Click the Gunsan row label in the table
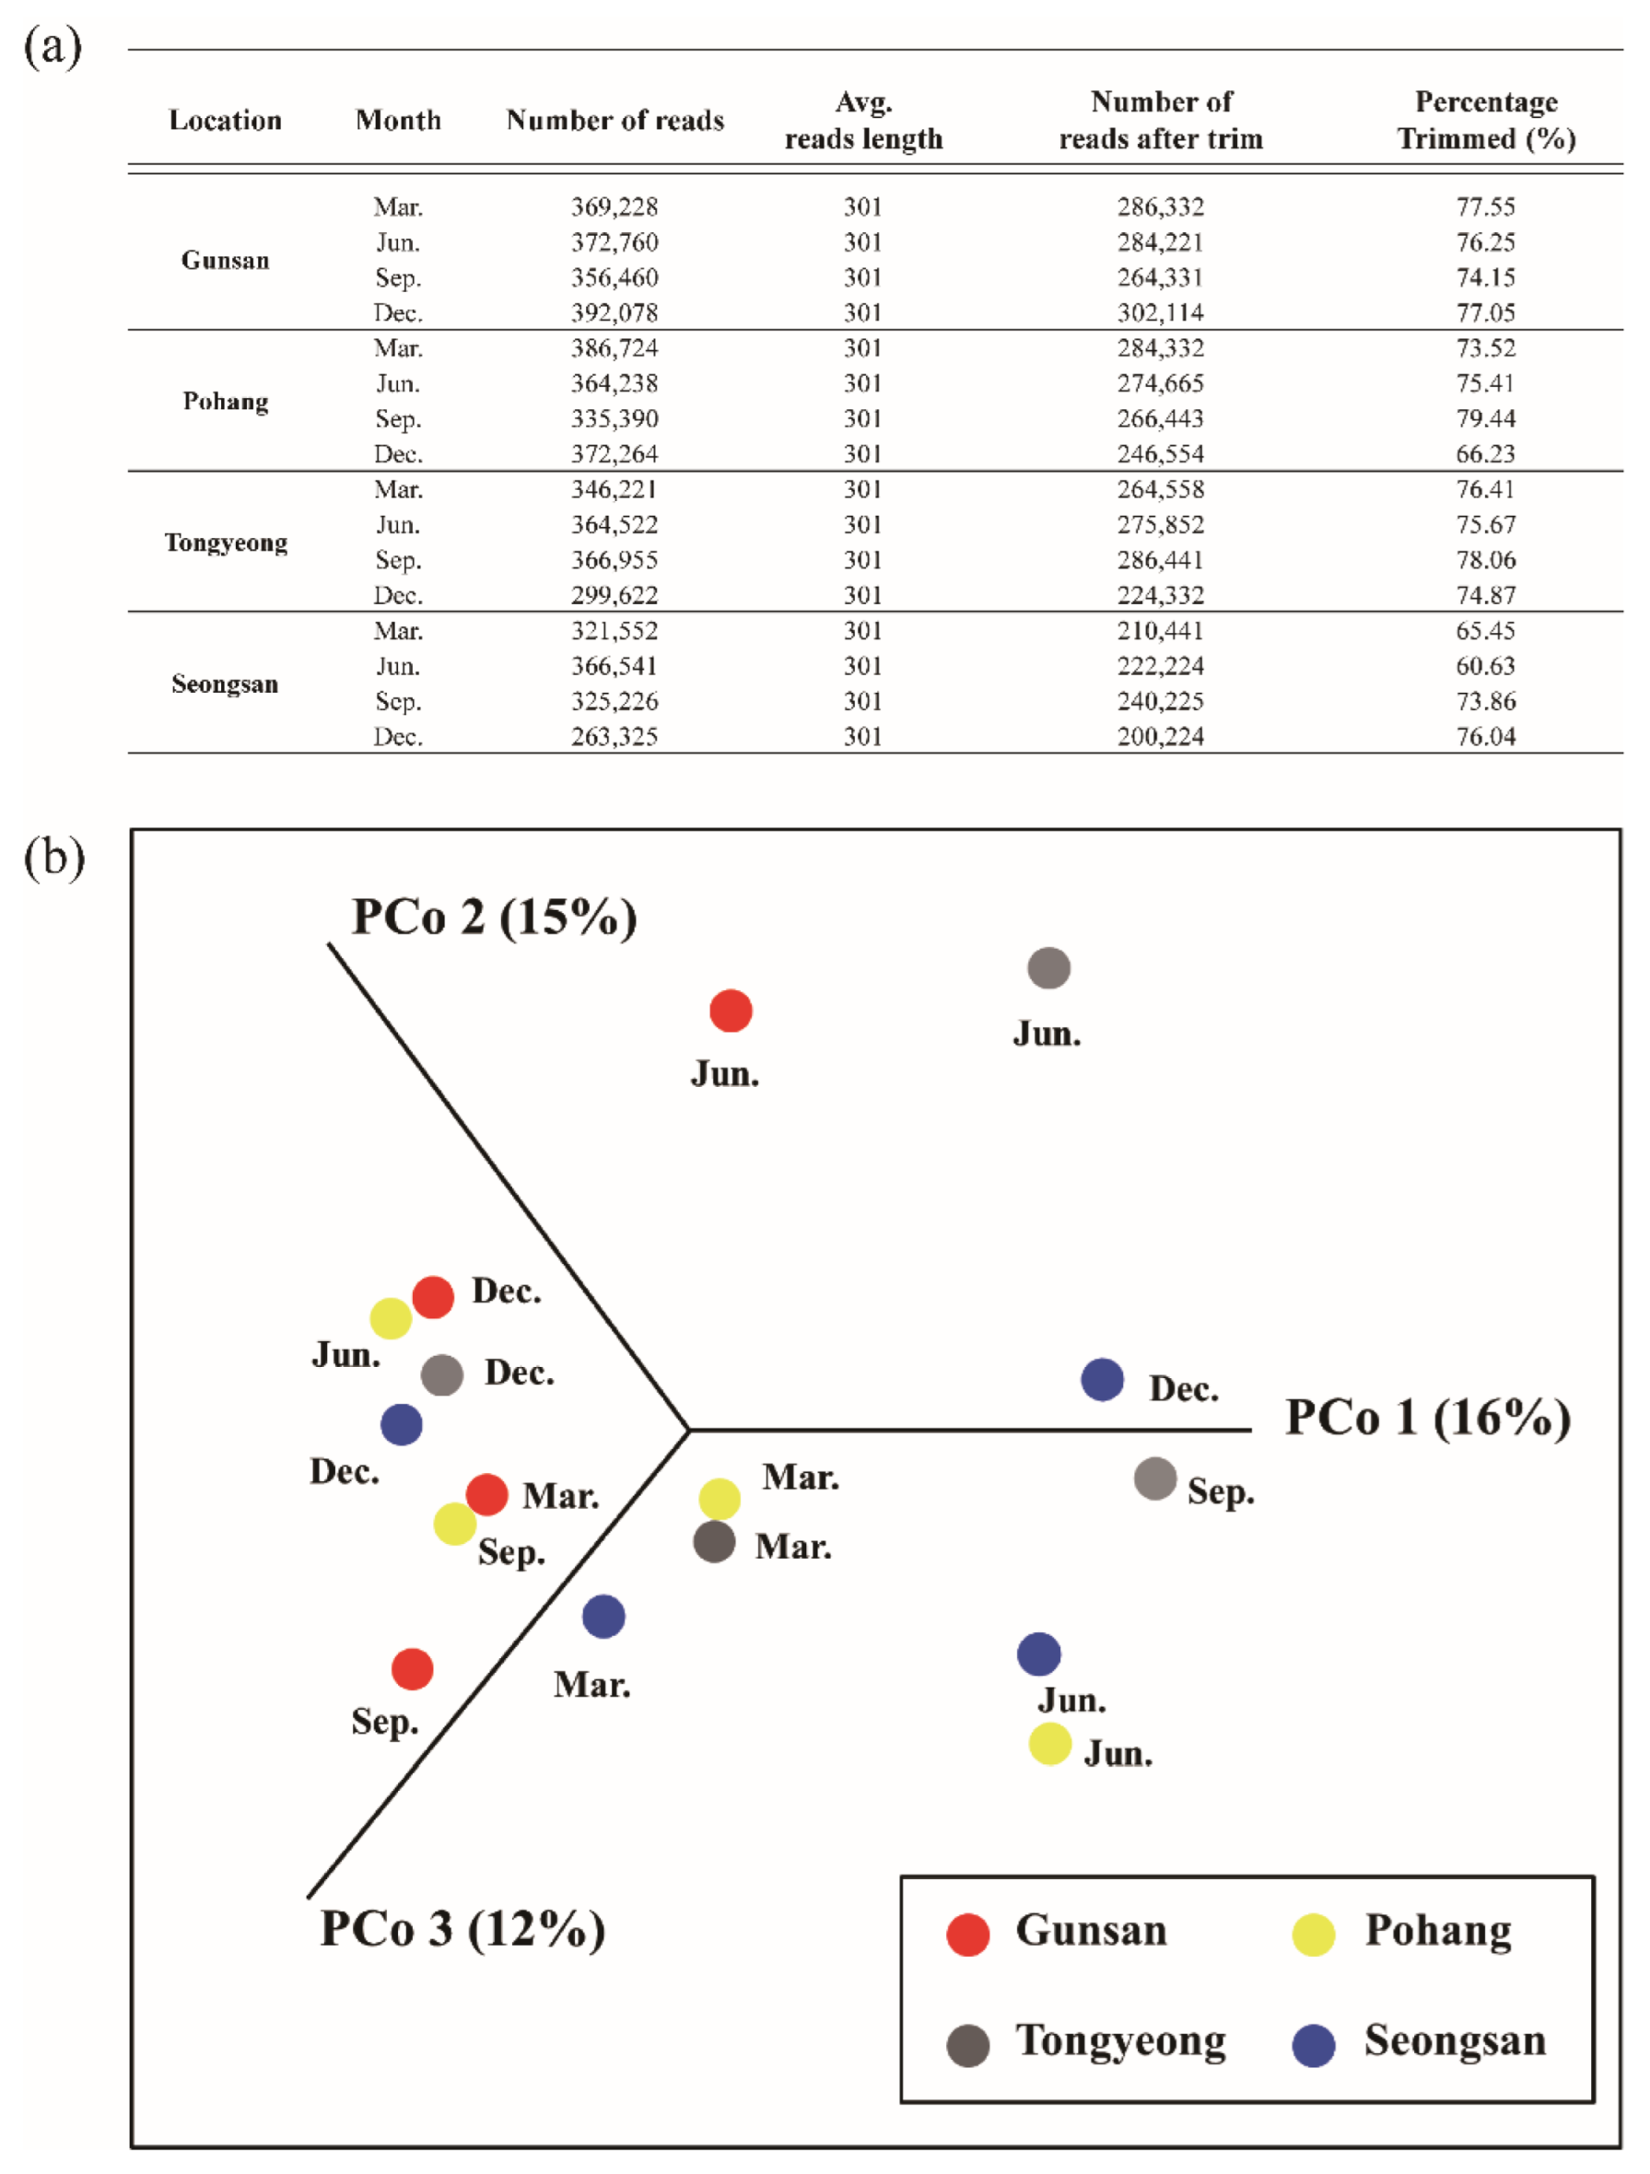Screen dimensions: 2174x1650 (x=225, y=260)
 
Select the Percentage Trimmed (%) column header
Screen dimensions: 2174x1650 (x=1486, y=120)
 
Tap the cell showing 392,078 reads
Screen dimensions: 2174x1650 (x=614, y=312)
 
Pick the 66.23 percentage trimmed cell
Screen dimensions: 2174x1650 (x=1485, y=454)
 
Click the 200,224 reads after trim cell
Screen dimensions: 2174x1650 (x=1160, y=736)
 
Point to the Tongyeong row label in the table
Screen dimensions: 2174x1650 (x=225, y=543)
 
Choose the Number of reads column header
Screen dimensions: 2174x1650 (x=614, y=120)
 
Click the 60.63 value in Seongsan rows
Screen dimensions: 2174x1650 (x=1485, y=665)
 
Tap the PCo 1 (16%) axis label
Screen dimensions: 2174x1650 (x=1428, y=1419)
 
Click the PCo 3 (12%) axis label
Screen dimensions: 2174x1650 (x=462, y=1928)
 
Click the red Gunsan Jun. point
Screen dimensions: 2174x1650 (x=731, y=1011)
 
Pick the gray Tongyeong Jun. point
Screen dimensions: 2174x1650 (x=1048, y=968)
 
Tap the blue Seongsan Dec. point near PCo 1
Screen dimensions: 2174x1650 (x=1103, y=1380)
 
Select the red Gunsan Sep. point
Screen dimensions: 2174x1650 (x=412, y=1669)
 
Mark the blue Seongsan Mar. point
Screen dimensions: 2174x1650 (x=603, y=1617)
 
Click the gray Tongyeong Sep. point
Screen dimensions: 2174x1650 (x=1154, y=1479)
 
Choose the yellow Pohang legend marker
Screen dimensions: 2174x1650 (x=1313, y=1934)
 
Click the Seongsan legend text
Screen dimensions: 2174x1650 (x=1455, y=2041)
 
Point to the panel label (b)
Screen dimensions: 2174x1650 (x=54, y=857)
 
